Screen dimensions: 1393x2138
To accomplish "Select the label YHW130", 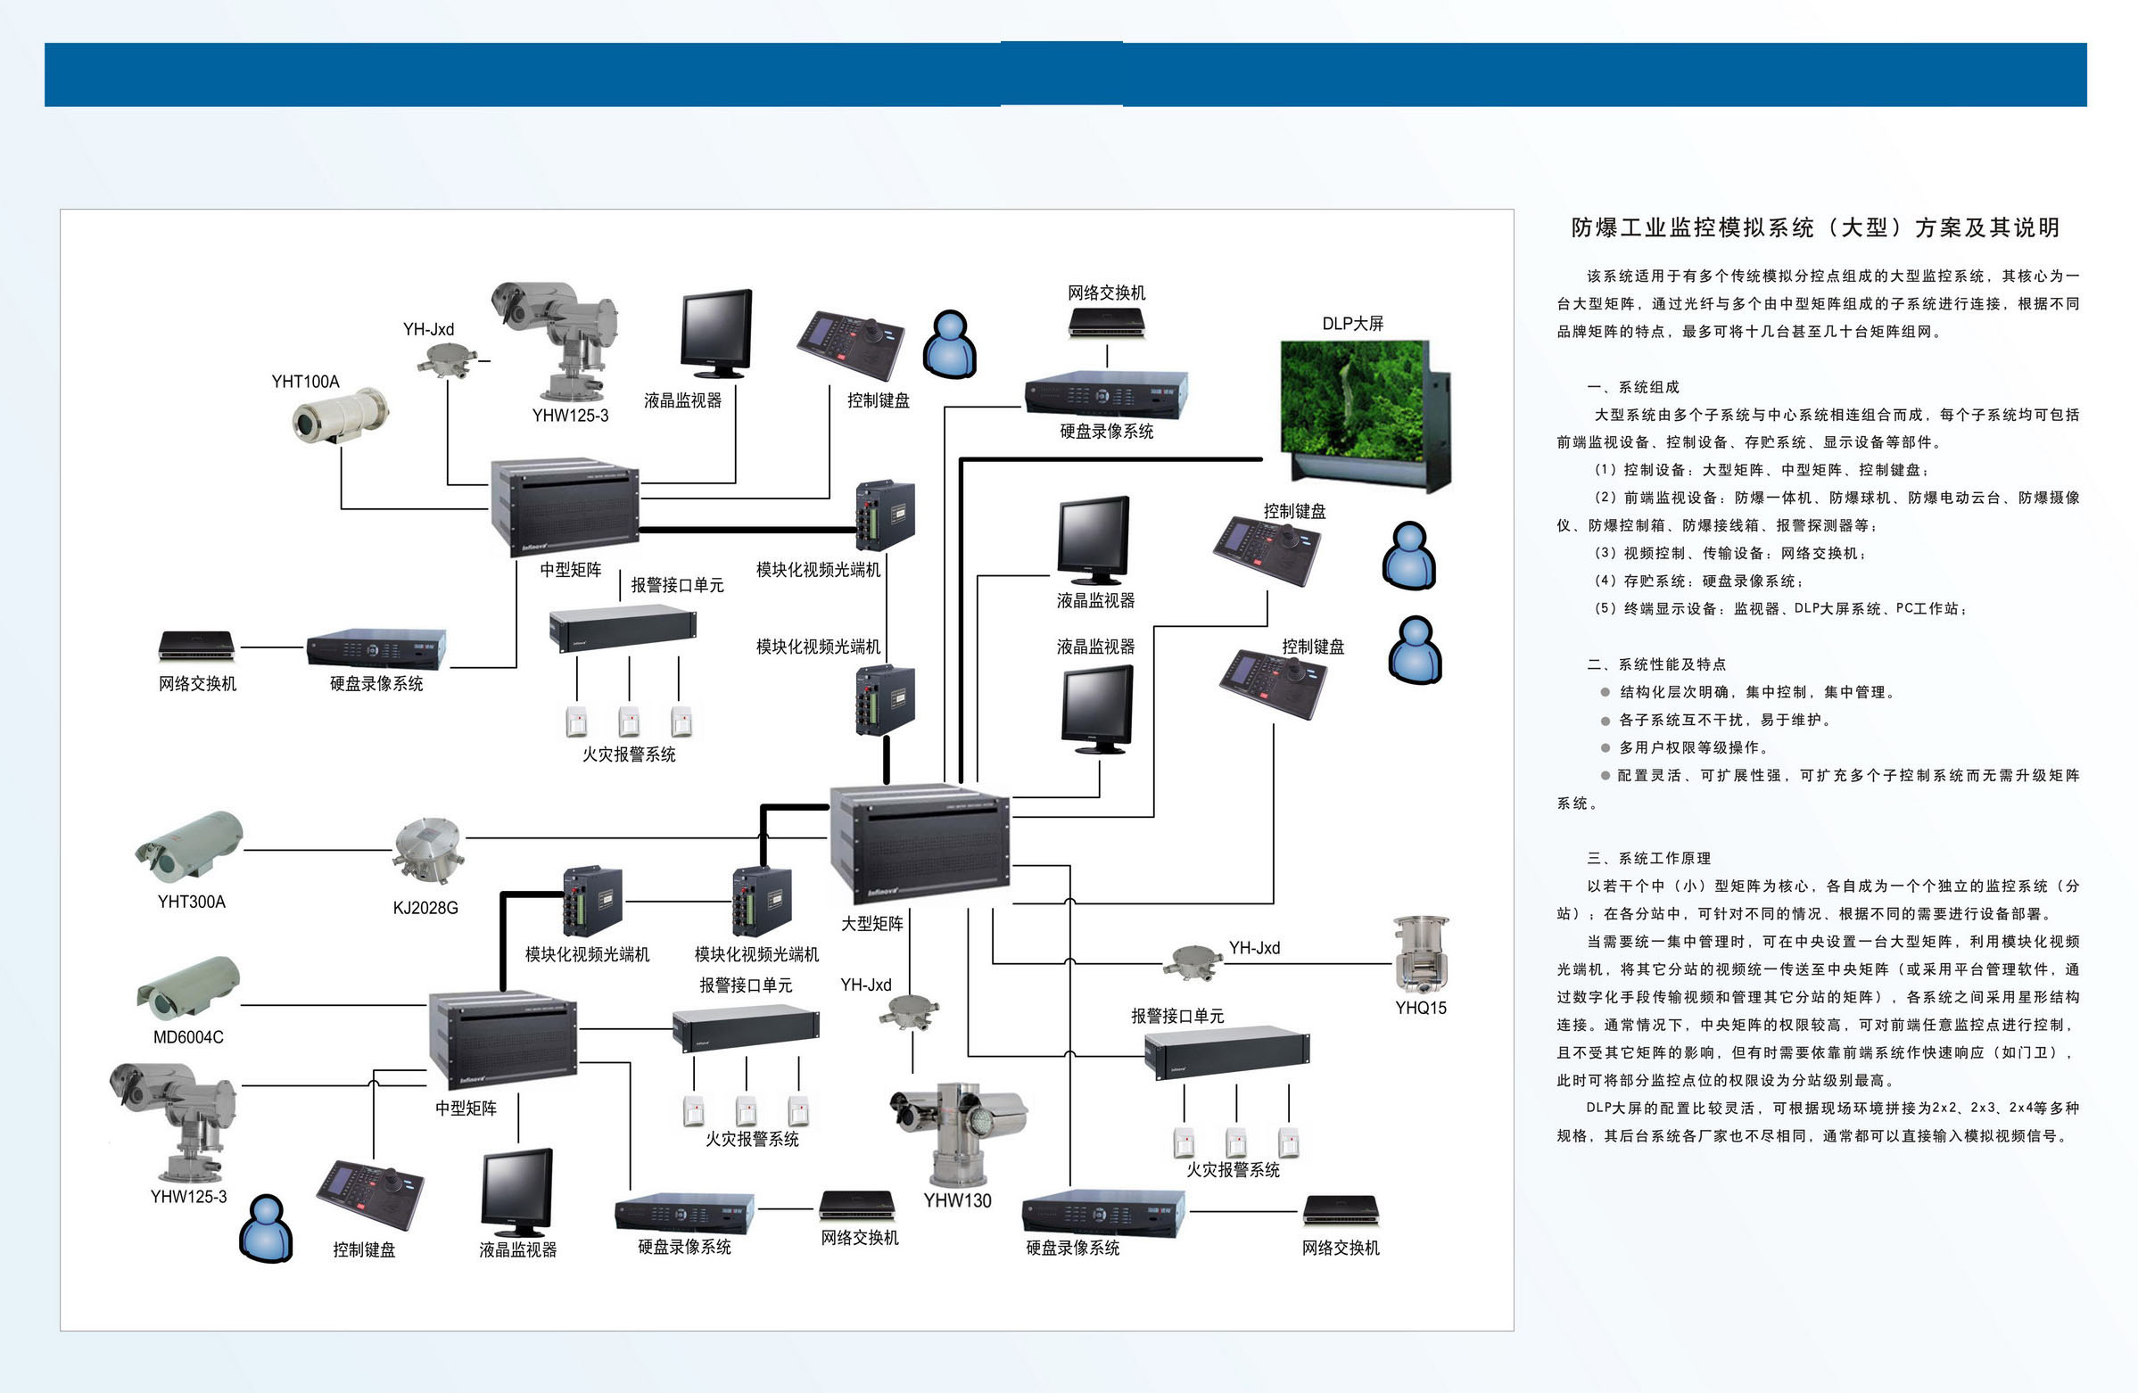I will (x=957, y=1199).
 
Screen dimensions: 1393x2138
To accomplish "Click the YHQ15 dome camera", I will (x=1420, y=956).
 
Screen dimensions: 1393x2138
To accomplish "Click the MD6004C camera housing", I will (x=189, y=988).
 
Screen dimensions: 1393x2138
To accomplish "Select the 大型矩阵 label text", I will (x=871, y=923).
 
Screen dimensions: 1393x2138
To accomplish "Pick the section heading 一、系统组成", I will (x=1632, y=387).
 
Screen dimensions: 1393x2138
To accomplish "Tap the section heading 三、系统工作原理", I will (x=1648, y=858).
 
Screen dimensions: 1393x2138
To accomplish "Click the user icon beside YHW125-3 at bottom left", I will (x=266, y=1229).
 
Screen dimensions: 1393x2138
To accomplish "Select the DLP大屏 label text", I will (x=1352, y=324).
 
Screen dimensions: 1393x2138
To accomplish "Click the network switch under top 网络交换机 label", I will (x=1107, y=323).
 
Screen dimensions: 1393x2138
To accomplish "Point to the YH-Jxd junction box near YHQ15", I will (x=1192, y=962).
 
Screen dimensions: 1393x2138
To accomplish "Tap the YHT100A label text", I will (x=305, y=382).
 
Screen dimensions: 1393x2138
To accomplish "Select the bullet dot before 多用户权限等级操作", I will (x=1605, y=747).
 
